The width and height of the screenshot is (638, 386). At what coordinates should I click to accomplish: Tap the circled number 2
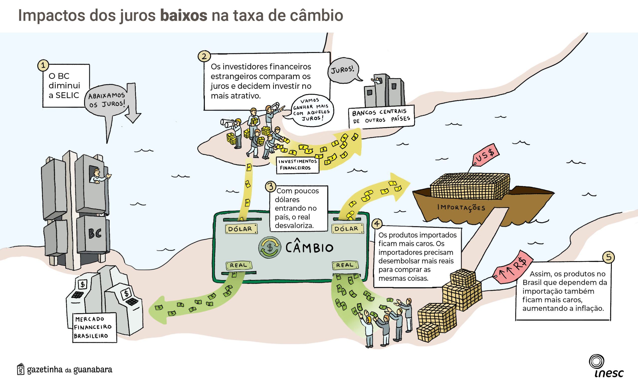pyautogui.click(x=204, y=56)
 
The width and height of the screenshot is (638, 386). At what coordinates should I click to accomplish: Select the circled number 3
pyautogui.click(x=271, y=186)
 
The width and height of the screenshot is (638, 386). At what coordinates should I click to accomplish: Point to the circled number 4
pyautogui.click(x=377, y=224)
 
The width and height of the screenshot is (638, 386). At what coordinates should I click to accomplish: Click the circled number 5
pyautogui.click(x=608, y=257)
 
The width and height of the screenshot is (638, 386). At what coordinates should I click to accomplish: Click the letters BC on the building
pyautogui.click(x=95, y=233)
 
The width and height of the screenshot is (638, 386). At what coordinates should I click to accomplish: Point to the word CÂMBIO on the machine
pyautogui.click(x=309, y=247)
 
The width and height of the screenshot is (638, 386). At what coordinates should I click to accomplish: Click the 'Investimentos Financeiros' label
pyautogui.click(x=297, y=165)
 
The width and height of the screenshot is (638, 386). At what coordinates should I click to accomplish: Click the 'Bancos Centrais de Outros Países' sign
pyautogui.click(x=381, y=116)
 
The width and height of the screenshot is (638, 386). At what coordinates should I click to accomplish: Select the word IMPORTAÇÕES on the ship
pyautogui.click(x=461, y=207)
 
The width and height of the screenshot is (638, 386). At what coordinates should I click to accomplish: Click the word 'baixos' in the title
pyautogui.click(x=184, y=15)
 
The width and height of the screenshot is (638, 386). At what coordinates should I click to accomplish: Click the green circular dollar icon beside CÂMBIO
pyautogui.click(x=270, y=247)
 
